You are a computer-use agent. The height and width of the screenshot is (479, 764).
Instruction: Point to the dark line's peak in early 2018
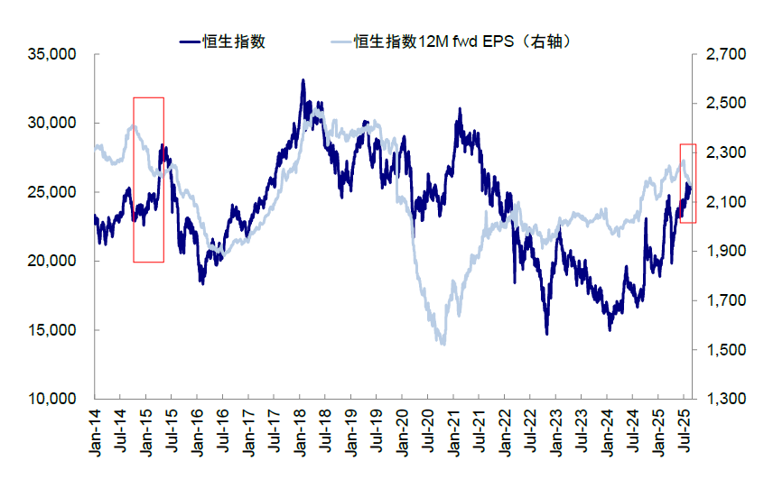tap(303, 80)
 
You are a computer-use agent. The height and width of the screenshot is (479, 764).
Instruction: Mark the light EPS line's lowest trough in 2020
tap(442, 344)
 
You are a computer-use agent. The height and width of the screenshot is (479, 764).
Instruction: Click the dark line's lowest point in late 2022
tap(546, 334)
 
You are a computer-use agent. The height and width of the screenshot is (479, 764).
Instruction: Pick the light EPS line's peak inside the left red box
tap(134, 125)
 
